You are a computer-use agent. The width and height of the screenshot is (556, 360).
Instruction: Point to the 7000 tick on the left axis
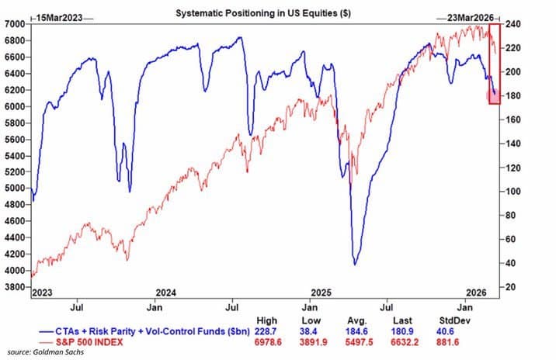coord(14,24)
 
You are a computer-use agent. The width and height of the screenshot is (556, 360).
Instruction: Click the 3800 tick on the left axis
coord(14,287)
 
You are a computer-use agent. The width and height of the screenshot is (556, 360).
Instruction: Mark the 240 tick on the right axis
coord(511,24)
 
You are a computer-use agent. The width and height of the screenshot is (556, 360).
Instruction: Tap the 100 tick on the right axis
coord(511,192)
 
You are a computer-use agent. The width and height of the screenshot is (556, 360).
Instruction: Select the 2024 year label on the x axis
coord(166,292)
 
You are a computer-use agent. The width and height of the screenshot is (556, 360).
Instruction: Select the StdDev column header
coord(455,320)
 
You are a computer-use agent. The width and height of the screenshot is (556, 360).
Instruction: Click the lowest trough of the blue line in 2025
coord(355,265)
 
